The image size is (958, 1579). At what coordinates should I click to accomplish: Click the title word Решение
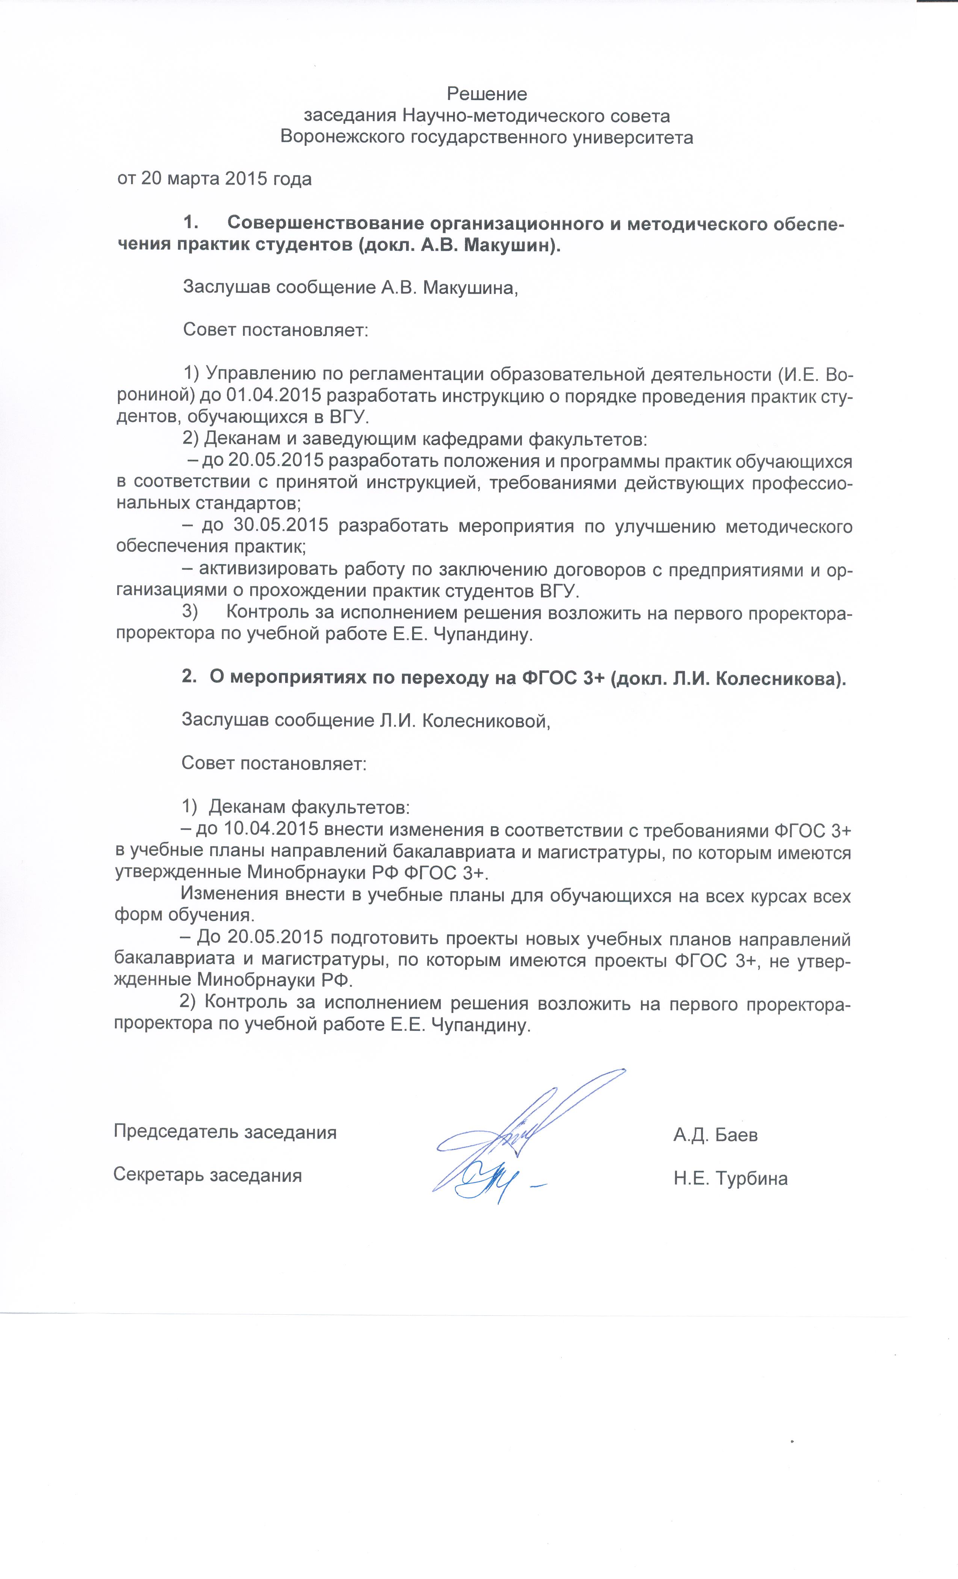tap(487, 94)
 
